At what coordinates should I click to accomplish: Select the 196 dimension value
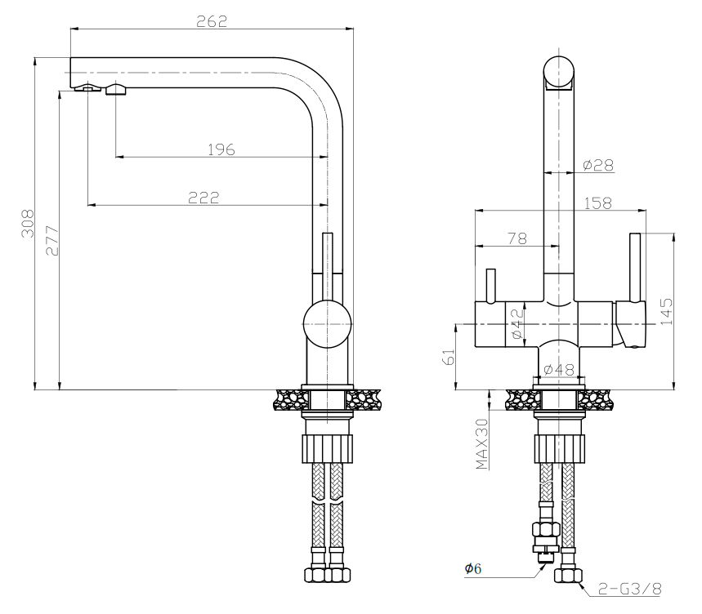tap(221, 149)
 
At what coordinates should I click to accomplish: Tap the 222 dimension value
tap(204, 197)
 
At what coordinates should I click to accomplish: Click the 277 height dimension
tap(51, 240)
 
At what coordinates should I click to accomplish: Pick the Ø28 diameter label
tap(598, 166)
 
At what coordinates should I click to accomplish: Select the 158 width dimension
tap(597, 202)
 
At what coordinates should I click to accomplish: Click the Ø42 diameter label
tap(517, 323)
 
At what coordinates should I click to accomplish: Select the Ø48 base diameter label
tap(560, 370)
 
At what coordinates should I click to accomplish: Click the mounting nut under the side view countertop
tap(327, 448)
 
